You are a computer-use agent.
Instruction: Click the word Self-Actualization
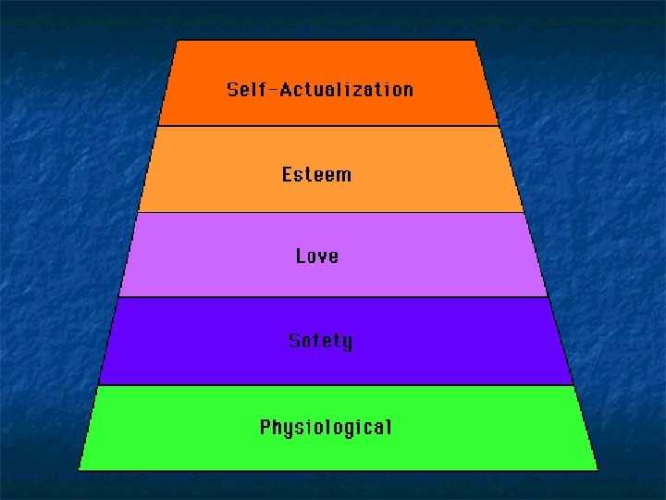(x=320, y=90)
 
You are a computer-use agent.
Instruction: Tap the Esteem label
(x=316, y=174)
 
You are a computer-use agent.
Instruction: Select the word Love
(x=317, y=256)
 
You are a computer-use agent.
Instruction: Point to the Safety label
(x=320, y=341)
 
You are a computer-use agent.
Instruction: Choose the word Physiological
(x=326, y=428)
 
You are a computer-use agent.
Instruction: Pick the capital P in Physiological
(x=265, y=427)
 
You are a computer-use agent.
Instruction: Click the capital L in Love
(x=301, y=256)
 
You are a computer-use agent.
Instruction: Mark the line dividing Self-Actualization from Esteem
(x=328, y=126)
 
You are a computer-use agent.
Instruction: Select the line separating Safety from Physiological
(x=335, y=385)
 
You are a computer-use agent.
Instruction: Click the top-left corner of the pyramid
(x=177, y=40)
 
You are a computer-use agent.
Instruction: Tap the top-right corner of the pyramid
(x=475, y=40)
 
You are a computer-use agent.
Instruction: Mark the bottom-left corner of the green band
(x=79, y=469)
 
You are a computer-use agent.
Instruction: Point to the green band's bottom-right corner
(x=598, y=469)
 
